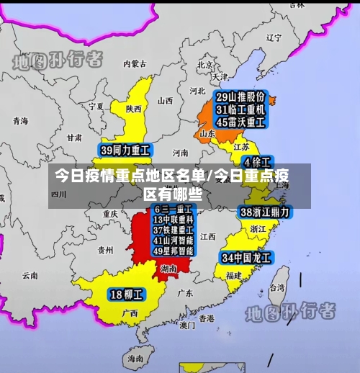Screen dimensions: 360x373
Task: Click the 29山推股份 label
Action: pyautogui.click(x=240, y=96)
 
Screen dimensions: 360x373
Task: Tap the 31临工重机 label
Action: pyautogui.click(x=240, y=109)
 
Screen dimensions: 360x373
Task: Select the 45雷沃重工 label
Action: pyautogui.click(x=240, y=122)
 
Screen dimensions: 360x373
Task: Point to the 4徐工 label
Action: pyautogui.click(x=256, y=161)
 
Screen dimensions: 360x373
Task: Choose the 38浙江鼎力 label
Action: pyautogui.click(x=264, y=212)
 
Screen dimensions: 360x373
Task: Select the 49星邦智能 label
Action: pyautogui.click(x=173, y=251)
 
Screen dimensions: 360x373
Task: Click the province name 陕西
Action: pyautogui.click(x=133, y=109)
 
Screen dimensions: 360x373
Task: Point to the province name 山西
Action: pyautogui.click(x=165, y=101)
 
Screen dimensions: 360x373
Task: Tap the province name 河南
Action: pyautogui.click(x=180, y=153)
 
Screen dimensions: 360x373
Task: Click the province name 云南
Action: pyautogui.click(x=30, y=275)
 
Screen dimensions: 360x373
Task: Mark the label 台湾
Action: pyautogui.click(x=276, y=287)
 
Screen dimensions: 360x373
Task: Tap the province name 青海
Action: pyautogui.click(x=20, y=121)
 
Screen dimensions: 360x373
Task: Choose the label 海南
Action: pyautogui.click(x=135, y=358)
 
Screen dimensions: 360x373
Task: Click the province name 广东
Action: pyautogui.click(x=185, y=293)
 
